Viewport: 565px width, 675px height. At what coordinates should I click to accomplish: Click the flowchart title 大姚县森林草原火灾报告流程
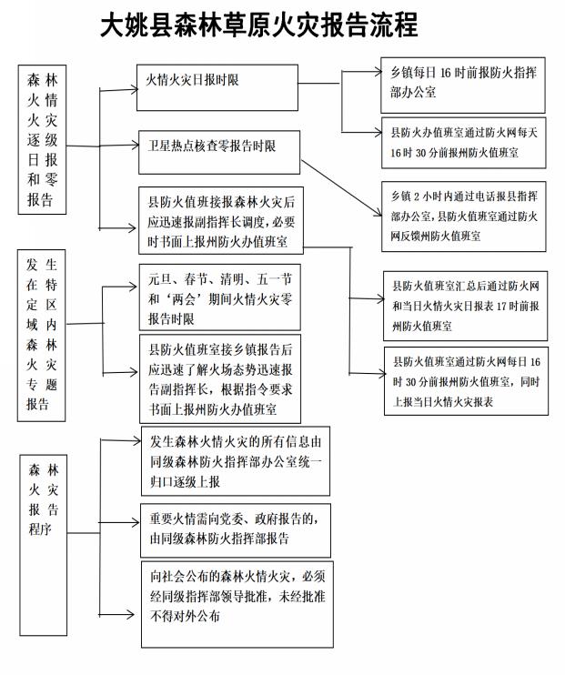coord(258,25)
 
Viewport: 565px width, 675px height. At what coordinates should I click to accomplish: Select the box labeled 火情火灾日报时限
coord(217,87)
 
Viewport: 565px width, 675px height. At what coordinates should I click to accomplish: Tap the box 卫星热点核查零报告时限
coord(218,153)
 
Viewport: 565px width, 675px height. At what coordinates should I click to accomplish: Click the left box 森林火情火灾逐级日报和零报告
coord(42,139)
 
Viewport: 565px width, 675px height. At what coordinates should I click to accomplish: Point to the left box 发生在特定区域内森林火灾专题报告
coord(41,335)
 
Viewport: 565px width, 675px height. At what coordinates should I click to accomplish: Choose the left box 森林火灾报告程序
coord(43,545)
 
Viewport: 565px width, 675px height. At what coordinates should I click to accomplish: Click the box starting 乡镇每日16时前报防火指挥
coord(463,86)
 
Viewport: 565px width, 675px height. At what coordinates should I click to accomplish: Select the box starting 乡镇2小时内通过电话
coord(464,217)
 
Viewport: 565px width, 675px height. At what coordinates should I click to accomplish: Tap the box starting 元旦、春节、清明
coord(219,297)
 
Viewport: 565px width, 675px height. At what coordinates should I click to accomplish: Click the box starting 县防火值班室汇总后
coord(465,306)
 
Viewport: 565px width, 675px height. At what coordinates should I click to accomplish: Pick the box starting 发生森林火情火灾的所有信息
coord(236,461)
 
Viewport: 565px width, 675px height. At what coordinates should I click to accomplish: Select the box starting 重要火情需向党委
coord(236,530)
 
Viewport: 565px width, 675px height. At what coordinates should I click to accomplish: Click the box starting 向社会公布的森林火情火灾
coord(237,604)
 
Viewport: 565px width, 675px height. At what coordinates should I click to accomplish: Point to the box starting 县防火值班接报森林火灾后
coord(221,220)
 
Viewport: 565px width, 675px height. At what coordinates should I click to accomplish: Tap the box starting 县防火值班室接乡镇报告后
coord(220,378)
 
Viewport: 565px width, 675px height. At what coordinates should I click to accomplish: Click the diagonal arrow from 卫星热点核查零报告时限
coord(341,187)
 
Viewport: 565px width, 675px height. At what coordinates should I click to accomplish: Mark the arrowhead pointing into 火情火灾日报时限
coord(135,89)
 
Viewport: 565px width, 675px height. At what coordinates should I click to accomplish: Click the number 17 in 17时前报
coord(501,306)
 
